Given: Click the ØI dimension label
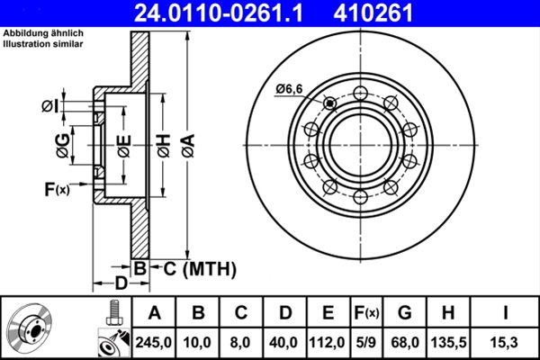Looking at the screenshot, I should pos(49,106).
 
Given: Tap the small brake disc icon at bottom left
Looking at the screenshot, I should pos(31,328).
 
